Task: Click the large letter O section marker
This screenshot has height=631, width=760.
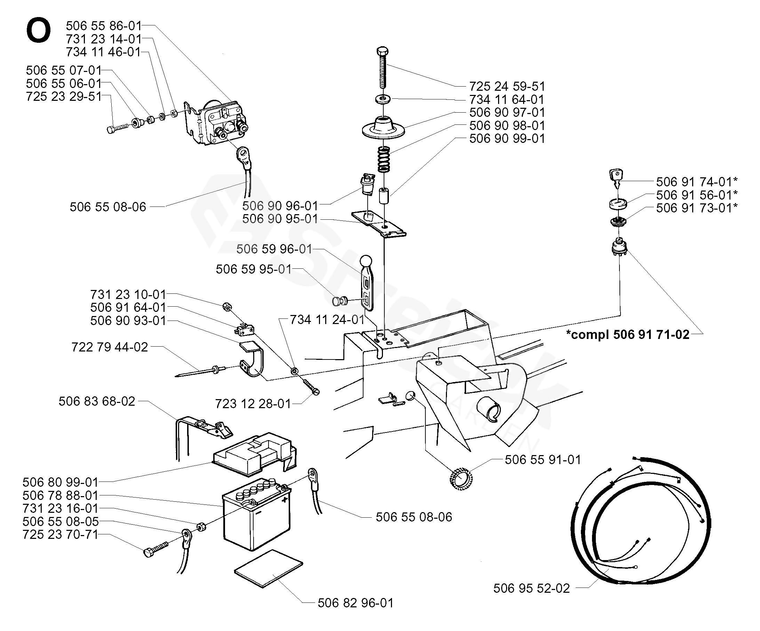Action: [x=38, y=32]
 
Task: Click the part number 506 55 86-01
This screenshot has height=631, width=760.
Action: [x=104, y=26]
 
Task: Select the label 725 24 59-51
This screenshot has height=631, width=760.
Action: [x=507, y=86]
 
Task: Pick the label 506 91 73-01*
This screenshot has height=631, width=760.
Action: [x=697, y=208]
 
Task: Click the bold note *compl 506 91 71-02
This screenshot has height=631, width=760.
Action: [x=628, y=334]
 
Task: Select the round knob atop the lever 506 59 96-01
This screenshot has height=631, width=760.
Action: [x=366, y=261]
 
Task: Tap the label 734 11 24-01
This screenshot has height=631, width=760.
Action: [x=327, y=319]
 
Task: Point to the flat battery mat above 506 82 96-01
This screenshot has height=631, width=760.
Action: [x=269, y=569]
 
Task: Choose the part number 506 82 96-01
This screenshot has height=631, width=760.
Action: [x=355, y=603]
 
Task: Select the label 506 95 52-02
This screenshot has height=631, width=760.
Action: [x=531, y=588]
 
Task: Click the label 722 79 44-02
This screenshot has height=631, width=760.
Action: [x=110, y=347]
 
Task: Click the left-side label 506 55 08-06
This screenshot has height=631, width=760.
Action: [x=108, y=207]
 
